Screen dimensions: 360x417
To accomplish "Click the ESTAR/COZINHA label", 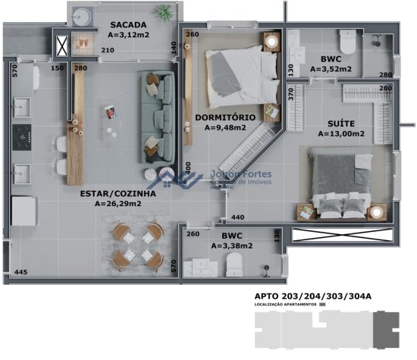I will click(x=118, y=193).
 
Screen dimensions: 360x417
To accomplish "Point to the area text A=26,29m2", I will click(x=119, y=204).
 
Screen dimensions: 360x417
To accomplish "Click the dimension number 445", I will click(x=20, y=272).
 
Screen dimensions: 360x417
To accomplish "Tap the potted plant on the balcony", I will click(x=164, y=11).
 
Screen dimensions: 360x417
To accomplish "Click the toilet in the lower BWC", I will click(x=236, y=265).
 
